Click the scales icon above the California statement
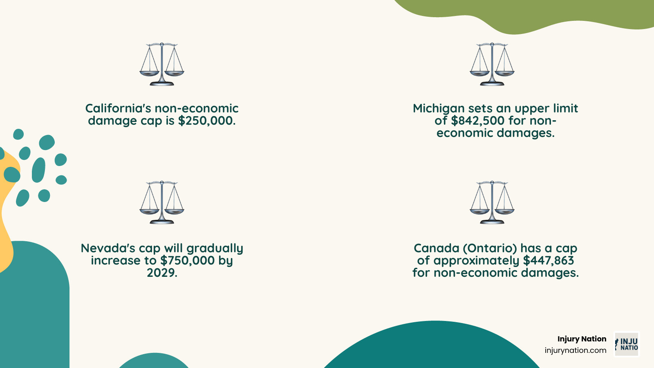coord(162,64)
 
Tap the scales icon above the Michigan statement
coord(492,64)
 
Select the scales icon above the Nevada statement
coord(162,202)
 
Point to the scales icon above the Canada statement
coord(492,202)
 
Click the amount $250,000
coord(207,121)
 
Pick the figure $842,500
coord(478,121)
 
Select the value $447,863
coord(549,260)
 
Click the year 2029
coord(162,273)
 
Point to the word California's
coord(117,108)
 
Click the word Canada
coord(437,248)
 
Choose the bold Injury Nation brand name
coord(582,339)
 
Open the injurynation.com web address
coord(576,350)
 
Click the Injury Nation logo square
coord(627,344)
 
